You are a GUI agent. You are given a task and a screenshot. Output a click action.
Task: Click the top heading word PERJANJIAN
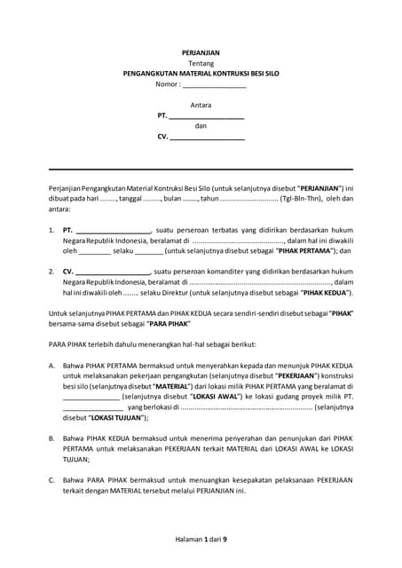201,52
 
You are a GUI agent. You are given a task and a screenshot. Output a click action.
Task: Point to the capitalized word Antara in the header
201,106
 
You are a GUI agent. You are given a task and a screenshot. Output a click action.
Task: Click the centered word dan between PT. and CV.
201,126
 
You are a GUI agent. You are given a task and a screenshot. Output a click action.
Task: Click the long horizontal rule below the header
201,169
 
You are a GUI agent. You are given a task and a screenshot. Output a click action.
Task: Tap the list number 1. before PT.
51,230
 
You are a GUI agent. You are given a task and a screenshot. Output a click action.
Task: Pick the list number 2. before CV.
51,271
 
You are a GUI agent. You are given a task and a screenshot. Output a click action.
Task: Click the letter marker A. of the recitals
52,365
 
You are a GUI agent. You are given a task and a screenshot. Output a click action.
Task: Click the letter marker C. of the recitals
52,479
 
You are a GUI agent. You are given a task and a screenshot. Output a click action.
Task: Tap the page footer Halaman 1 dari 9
201,540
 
